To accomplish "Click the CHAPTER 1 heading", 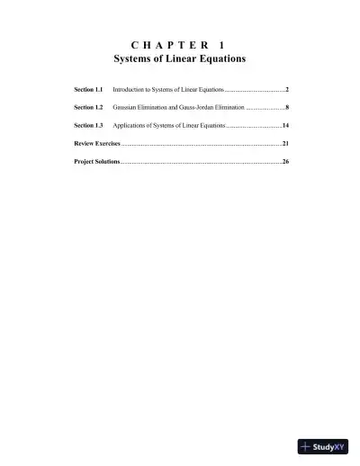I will click(x=179, y=44).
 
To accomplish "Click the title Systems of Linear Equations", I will click(x=179, y=58).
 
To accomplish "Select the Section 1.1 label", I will click(x=88, y=91).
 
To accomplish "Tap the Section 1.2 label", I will click(x=88, y=108).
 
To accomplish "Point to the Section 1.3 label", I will click(x=88, y=125).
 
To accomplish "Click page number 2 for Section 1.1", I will click(x=286, y=91).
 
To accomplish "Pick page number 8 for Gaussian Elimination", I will click(x=286, y=108).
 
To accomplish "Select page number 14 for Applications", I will click(x=284, y=125).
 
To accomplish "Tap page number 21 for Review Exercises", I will click(x=284, y=143).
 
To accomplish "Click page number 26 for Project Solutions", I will click(x=284, y=161).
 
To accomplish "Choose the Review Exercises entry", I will click(x=96, y=143).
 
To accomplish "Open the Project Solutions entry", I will click(x=96, y=161).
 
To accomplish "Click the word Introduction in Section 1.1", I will click(x=129, y=91).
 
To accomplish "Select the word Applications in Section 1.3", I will click(x=130, y=125).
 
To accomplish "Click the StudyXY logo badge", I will click(x=322, y=446).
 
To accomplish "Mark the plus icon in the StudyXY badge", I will click(x=306, y=446).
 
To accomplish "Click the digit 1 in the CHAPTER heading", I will click(x=221, y=44).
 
